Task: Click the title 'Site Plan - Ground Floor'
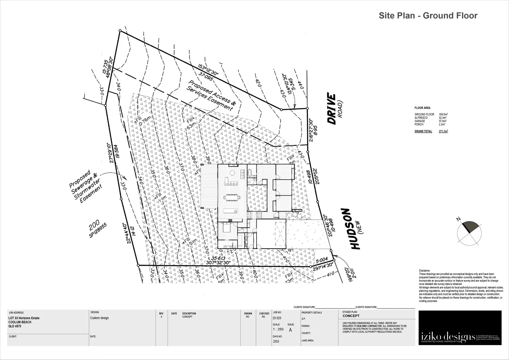pos(428,16)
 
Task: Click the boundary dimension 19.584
pos(117,153)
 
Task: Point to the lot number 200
pos(94,228)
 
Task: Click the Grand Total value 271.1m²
pos(443,131)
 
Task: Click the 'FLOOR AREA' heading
pos(422,108)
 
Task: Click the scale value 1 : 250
pos(278,329)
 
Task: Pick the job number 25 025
pos(277,318)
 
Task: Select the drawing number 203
pos(276,341)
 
